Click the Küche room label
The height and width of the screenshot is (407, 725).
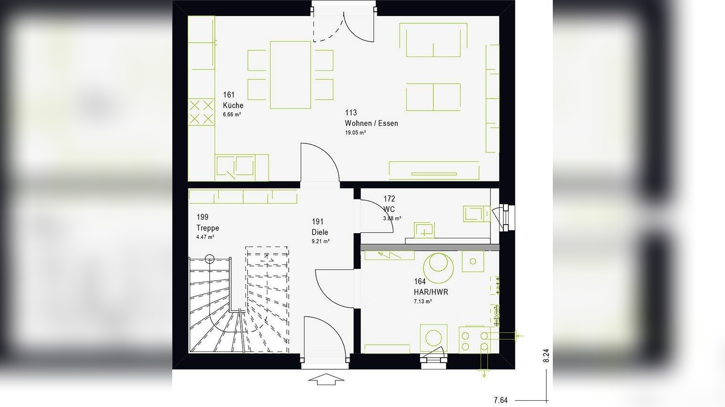click(x=233, y=105)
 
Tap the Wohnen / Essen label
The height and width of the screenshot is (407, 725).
click(x=372, y=123)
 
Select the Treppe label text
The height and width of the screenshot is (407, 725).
click(x=207, y=228)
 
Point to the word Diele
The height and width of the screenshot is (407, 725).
click(x=320, y=232)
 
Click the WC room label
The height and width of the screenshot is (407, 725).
click(x=389, y=209)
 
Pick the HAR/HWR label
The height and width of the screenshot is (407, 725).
click(x=431, y=292)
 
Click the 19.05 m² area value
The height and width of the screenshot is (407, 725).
click(x=355, y=133)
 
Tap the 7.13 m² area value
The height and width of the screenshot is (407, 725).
click(x=422, y=302)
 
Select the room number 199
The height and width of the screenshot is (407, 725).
click(x=202, y=217)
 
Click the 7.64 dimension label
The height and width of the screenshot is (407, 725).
click(x=500, y=400)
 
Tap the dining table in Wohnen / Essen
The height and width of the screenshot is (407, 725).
click(x=290, y=75)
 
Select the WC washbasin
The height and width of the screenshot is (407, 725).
click(x=423, y=230)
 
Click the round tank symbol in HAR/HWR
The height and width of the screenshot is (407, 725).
click(x=438, y=268)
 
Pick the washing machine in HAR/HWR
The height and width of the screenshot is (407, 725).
click(x=433, y=338)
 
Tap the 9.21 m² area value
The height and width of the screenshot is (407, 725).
click(x=320, y=242)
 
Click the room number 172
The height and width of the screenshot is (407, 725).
click(x=389, y=199)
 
